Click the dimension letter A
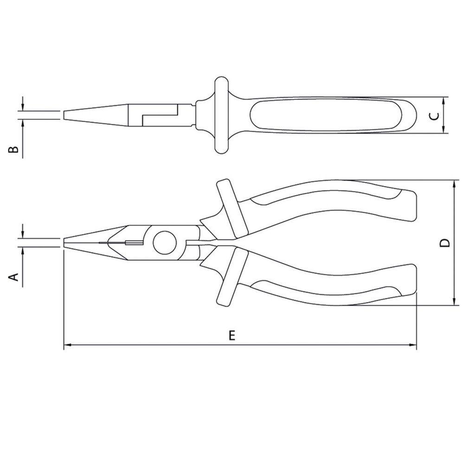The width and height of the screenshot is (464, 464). click(x=14, y=277)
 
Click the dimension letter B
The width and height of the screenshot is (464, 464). click(x=13, y=149)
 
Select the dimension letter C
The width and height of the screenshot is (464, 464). click(x=434, y=116)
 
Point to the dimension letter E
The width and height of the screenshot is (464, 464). click(x=232, y=335)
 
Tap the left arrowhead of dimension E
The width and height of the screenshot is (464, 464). click(x=68, y=345)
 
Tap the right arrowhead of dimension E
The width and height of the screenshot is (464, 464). click(x=412, y=345)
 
